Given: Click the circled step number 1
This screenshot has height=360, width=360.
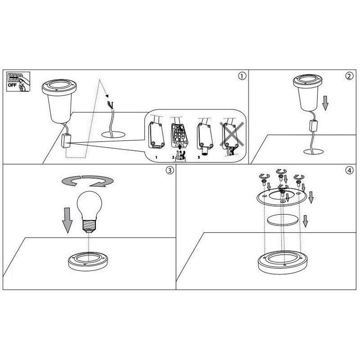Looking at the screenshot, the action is (x=242, y=76).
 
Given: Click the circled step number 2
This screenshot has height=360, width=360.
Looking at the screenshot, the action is (x=350, y=76).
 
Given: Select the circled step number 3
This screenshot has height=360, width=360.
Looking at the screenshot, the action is (x=170, y=170).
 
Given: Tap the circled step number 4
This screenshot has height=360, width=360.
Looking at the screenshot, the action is (x=350, y=170).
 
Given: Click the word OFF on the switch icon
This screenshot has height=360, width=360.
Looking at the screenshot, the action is (x=12, y=85).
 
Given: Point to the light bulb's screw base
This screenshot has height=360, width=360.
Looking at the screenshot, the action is (x=89, y=226).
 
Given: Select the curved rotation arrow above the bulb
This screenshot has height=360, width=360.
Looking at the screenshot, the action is (x=87, y=180).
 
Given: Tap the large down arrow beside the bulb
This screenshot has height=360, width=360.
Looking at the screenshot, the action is (x=67, y=220).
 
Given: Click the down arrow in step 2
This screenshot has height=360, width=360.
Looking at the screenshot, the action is (x=325, y=103).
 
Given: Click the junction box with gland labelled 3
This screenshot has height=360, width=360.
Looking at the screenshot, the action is (x=205, y=137).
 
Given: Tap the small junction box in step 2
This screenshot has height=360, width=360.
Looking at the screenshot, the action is (x=313, y=126).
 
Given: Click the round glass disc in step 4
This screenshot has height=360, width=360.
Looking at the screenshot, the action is (x=283, y=220).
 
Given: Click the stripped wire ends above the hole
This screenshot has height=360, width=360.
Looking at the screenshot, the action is (x=110, y=104).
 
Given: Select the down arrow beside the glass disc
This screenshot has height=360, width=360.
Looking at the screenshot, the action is (x=305, y=221).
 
